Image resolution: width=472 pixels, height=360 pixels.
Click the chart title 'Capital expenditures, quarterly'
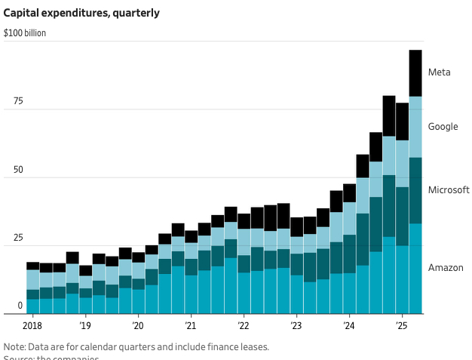pyautogui.click(x=81, y=13)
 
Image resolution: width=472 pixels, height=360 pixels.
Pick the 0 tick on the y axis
pyautogui.click(x=20, y=306)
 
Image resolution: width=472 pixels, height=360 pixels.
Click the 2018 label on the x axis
pyautogui.click(x=32, y=326)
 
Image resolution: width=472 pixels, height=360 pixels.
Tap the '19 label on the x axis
pyautogui.click(x=84, y=326)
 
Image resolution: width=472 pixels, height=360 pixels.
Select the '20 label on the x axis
pyautogui.click(x=137, y=326)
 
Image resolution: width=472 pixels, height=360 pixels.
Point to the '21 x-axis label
pyautogui.click(x=190, y=326)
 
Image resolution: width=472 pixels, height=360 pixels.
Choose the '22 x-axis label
pyautogui.click(x=243, y=326)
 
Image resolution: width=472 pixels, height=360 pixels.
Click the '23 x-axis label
pyautogui.click(x=296, y=326)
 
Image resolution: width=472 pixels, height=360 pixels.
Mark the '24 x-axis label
pyautogui.click(x=348, y=326)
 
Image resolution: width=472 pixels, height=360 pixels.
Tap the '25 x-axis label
pyautogui.click(x=401, y=326)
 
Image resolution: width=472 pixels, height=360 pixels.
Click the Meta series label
pyautogui.click(x=440, y=72)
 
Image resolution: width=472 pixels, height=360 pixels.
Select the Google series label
pyautogui.click(x=443, y=127)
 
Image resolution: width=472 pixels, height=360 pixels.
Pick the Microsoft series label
pyautogui.click(x=449, y=189)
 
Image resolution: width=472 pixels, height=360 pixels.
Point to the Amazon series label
pyautogui.click(x=446, y=268)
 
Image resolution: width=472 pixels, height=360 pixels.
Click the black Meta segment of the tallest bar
pyautogui.click(x=415, y=73)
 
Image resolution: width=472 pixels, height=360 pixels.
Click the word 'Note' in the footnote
pyautogui.click(x=14, y=347)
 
